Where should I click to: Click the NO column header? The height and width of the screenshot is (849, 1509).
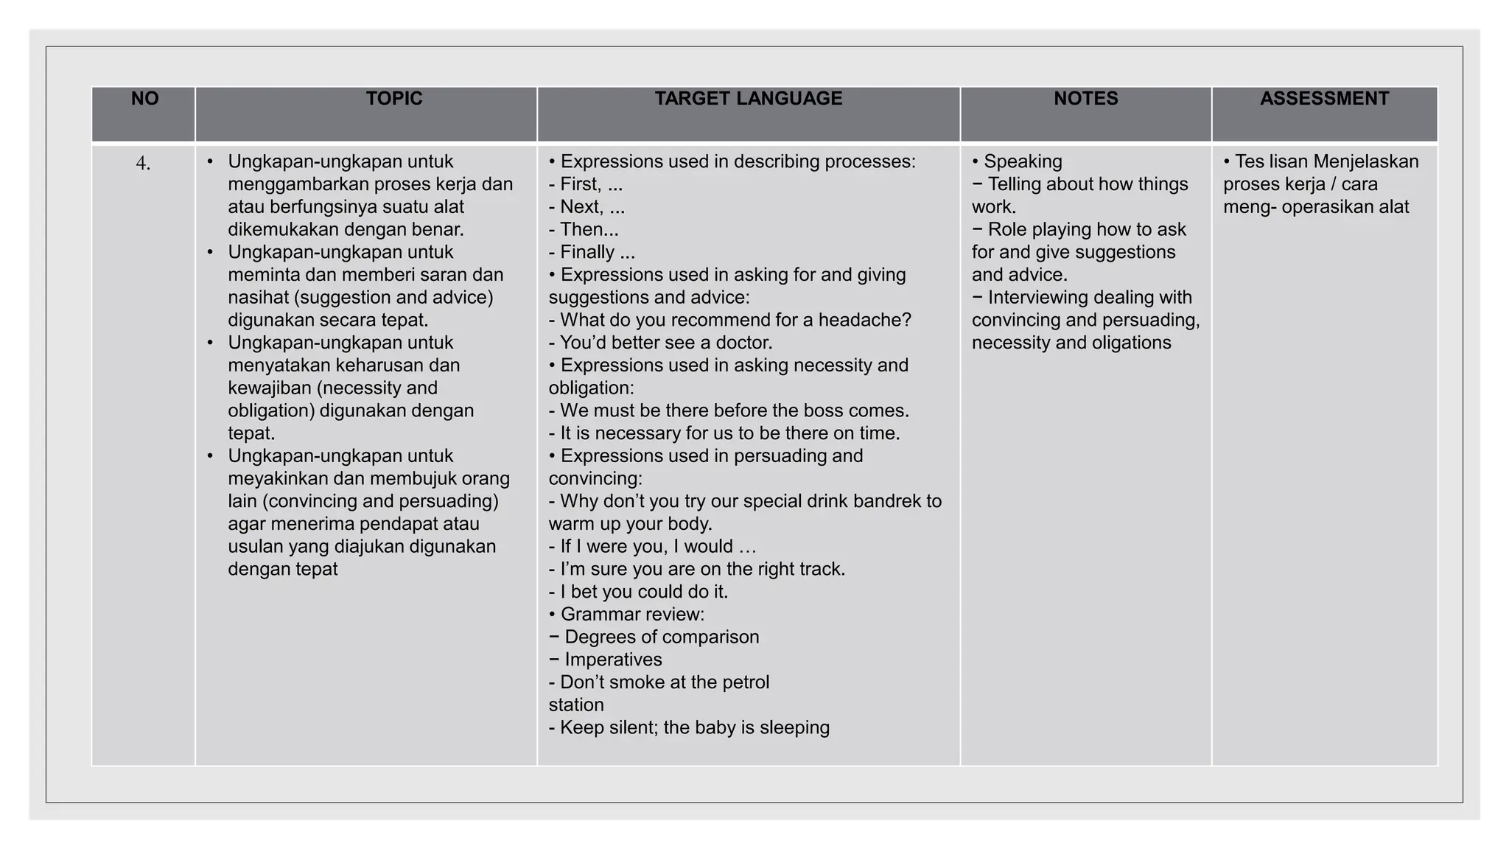coord(144,99)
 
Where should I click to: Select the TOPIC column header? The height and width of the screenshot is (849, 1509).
coord(394,99)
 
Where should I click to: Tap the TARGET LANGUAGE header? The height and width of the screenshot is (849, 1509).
coord(748,99)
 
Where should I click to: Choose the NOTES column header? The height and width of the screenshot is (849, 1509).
coord(1085,99)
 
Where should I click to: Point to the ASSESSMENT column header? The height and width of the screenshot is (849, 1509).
coord(1324,99)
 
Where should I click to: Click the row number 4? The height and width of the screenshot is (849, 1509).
coord(143,164)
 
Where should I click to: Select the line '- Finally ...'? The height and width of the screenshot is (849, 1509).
coord(592,253)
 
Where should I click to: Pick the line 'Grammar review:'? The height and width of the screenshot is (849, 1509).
coord(631,615)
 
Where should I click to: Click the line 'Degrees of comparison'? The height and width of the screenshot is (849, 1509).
coord(661,637)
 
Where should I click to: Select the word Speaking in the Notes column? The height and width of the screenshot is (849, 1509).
coord(1023,162)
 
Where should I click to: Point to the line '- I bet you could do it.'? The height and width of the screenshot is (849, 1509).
coord(638,593)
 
